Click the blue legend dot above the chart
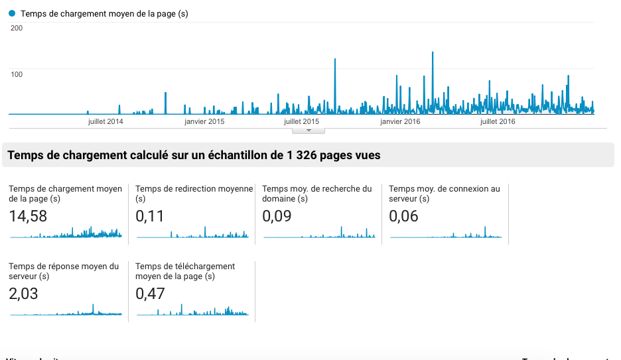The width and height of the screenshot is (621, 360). (12, 13)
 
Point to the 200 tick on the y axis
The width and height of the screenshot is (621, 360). (17, 28)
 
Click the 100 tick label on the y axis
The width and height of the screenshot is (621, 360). (17, 74)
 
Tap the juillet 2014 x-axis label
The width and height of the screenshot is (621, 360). (105, 121)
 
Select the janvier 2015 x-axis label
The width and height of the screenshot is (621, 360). (204, 121)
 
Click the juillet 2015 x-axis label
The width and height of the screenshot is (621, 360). (301, 121)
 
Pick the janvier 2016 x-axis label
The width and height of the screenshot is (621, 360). (400, 121)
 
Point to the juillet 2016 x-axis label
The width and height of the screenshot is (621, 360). (498, 121)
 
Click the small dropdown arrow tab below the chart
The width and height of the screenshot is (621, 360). (308, 131)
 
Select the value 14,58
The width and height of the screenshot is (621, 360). (28, 216)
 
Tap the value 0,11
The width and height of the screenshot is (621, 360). (150, 216)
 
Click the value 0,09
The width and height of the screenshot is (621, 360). (277, 216)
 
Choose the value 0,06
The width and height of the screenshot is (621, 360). (403, 216)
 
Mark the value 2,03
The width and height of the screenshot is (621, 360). (23, 294)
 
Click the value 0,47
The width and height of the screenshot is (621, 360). (150, 294)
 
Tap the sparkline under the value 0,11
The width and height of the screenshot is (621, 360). (192, 233)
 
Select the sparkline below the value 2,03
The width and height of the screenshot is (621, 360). (65, 312)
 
